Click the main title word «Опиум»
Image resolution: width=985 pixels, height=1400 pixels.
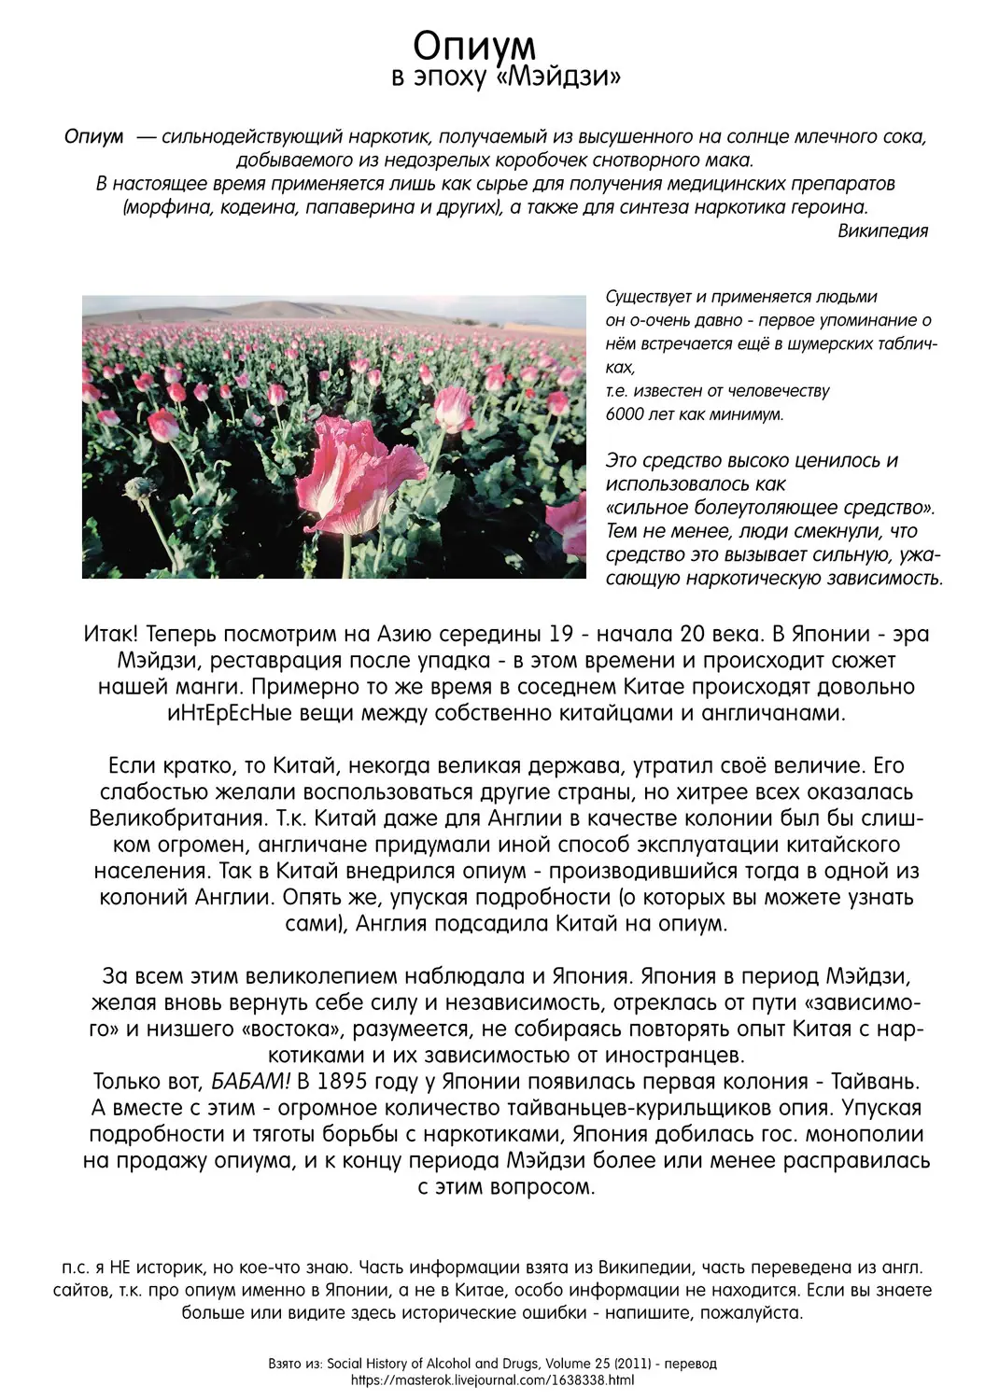(x=474, y=44)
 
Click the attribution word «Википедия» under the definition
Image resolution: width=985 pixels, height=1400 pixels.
(x=882, y=231)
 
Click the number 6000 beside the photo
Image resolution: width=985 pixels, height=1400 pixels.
(x=625, y=414)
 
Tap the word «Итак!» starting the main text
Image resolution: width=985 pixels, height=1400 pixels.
(x=111, y=635)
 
